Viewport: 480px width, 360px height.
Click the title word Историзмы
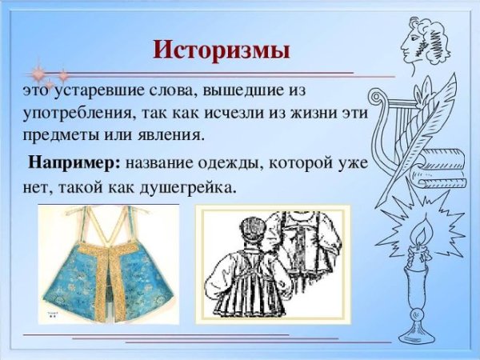click(222, 50)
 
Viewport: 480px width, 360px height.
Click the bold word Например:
click(74, 163)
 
